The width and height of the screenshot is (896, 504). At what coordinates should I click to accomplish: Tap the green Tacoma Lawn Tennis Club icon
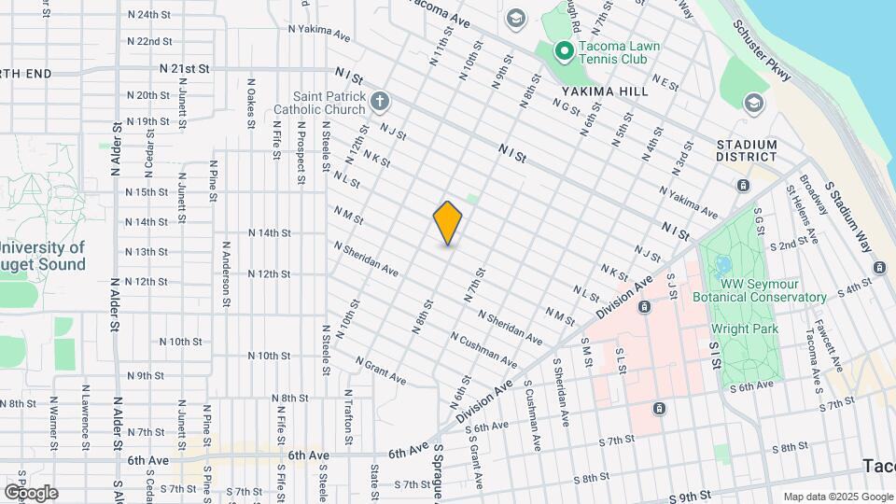564,51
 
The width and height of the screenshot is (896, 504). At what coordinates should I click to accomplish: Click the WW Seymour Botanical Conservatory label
759,290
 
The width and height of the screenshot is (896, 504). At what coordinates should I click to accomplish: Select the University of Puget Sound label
43,256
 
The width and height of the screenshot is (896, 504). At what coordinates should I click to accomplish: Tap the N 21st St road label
185,69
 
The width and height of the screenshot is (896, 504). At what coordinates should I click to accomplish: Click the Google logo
30,492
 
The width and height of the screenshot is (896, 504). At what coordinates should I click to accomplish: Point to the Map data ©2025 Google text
836,497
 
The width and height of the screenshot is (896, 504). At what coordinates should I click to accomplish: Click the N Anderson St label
226,274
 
